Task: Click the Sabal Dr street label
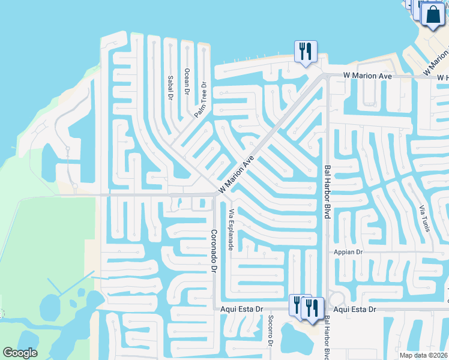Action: click(x=170, y=87)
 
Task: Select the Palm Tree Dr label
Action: click(x=200, y=99)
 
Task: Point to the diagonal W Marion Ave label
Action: click(x=237, y=175)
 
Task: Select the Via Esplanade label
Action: click(x=231, y=229)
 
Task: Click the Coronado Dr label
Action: click(x=212, y=251)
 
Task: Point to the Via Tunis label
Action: click(x=424, y=218)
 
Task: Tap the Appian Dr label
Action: click(x=349, y=253)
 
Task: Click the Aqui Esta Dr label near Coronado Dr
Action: click(x=243, y=309)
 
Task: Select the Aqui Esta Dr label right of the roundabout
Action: click(x=355, y=309)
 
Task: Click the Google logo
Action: click(x=20, y=353)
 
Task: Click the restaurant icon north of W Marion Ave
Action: click(x=306, y=52)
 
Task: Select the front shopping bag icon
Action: click(x=433, y=15)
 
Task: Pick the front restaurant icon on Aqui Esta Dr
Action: click(x=312, y=308)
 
